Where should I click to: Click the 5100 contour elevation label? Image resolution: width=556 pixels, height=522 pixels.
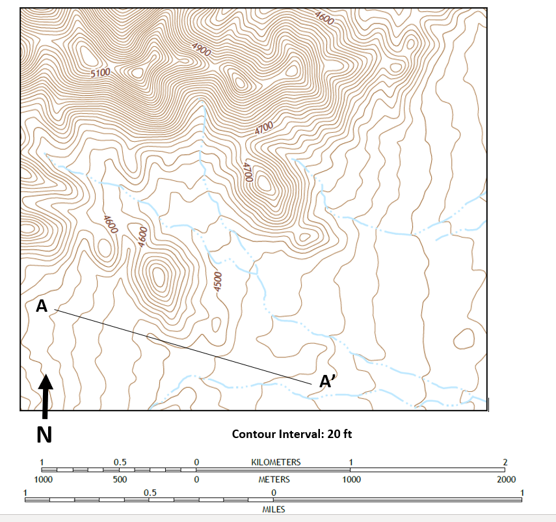pos(100,73)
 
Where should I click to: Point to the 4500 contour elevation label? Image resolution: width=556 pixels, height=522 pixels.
pos(218,282)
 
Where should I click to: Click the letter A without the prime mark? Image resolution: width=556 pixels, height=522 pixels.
pos(42,306)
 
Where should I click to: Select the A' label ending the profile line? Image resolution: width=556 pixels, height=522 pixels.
pos(328,382)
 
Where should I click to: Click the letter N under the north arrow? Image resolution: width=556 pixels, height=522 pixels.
pos(44,433)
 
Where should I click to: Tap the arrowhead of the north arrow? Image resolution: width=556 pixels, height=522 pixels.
pos(46,382)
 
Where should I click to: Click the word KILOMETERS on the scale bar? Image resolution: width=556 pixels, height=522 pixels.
pos(276,462)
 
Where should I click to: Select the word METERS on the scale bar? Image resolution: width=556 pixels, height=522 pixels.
pos(274,480)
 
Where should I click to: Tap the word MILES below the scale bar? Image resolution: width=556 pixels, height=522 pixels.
pos(273,510)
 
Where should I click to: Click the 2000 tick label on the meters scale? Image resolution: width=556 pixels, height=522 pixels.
pos(506,480)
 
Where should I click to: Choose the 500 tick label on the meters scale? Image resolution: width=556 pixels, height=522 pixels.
pos(119,480)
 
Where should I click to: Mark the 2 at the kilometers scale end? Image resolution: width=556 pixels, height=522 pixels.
pos(505,462)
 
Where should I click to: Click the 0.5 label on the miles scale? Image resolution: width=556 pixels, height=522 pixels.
pos(150,492)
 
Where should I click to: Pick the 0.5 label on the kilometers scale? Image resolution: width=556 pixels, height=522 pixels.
pos(120,462)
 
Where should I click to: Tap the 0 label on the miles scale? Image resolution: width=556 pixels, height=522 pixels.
pos(274,492)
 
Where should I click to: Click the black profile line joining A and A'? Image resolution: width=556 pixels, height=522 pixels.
pos(182,344)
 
